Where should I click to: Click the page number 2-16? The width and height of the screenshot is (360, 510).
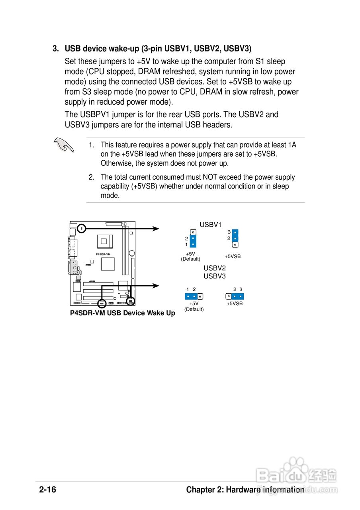(48, 490)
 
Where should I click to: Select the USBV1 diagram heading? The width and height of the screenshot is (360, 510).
(210, 225)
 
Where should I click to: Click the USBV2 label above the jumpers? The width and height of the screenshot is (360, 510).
(215, 268)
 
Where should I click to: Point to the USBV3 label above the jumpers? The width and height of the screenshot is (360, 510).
(215, 276)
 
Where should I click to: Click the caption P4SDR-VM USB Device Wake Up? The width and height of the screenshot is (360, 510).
(123, 313)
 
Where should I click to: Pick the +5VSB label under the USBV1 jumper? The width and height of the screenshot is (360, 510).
(233, 257)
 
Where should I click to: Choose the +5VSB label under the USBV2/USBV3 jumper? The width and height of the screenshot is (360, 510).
(235, 304)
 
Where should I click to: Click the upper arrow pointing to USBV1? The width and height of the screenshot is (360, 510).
(155, 229)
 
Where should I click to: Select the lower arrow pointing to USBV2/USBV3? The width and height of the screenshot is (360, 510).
(155, 285)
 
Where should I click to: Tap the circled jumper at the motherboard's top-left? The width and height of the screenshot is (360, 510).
(82, 228)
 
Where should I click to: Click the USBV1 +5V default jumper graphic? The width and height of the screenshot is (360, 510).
(193, 238)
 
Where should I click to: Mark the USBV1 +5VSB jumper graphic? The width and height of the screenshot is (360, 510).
(235, 238)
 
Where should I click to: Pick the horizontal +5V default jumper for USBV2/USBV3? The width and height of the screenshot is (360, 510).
(194, 296)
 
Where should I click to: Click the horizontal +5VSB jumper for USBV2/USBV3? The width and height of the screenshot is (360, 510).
(235, 296)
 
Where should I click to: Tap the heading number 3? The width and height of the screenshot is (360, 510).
(56, 49)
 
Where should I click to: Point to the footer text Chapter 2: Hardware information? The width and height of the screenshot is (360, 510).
(245, 490)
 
